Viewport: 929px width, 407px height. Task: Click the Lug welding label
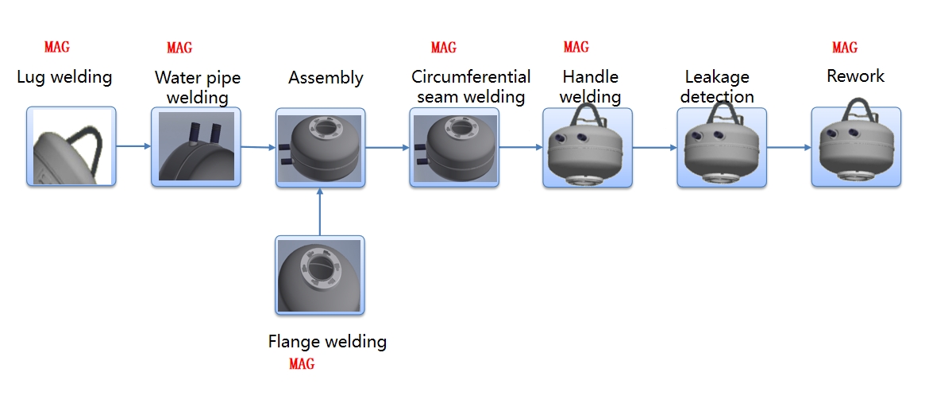click(x=64, y=77)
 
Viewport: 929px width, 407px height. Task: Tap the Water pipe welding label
click(x=197, y=87)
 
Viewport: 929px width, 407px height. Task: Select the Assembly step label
click(x=326, y=78)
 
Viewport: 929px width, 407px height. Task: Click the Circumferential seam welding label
click(x=471, y=86)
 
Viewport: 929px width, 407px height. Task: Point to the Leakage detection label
click(x=717, y=86)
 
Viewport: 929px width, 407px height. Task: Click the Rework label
click(x=855, y=76)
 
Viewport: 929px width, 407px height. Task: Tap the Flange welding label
click(x=327, y=342)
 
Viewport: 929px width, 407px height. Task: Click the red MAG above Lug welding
click(x=57, y=46)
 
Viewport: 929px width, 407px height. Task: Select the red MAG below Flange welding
click(x=302, y=364)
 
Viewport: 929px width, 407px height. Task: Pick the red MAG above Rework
click(x=845, y=48)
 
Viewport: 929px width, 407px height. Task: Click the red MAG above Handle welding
click(x=576, y=47)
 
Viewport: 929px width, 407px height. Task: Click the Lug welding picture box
click(x=71, y=146)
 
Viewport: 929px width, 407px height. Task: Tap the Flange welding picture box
click(x=320, y=275)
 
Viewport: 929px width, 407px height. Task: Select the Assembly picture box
click(x=320, y=148)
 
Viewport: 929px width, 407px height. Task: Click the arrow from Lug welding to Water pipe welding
click(x=134, y=145)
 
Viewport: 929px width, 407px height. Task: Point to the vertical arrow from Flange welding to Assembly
click(x=320, y=211)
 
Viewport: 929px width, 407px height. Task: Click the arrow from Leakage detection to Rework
click(x=789, y=147)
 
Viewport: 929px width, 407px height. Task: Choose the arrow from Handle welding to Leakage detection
click(x=655, y=147)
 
